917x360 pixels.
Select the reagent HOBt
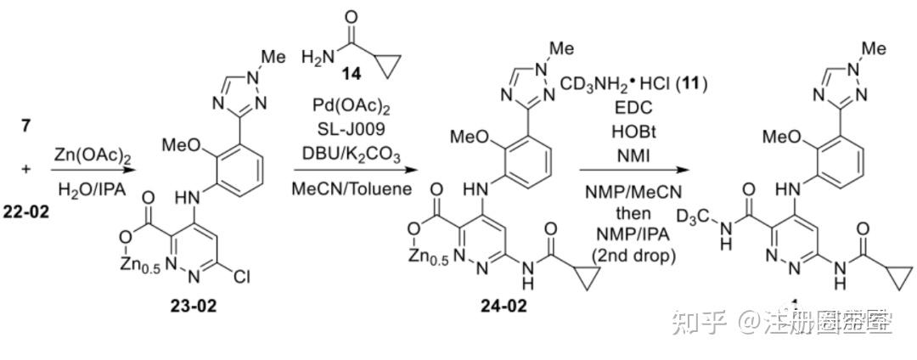point(632,133)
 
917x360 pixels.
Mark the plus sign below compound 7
point(25,169)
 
